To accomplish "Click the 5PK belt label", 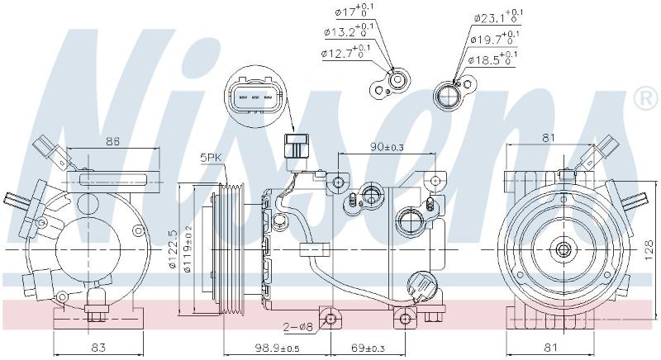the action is (x=211, y=159).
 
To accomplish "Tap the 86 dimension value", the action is (x=112, y=141).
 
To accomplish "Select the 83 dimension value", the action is (x=98, y=348).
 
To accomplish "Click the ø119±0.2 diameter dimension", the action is (x=188, y=249).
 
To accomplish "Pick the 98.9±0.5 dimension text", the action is (x=277, y=348).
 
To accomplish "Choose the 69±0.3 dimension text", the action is (x=368, y=348).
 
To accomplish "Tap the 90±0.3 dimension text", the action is (x=387, y=147).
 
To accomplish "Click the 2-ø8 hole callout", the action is (x=298, y=327).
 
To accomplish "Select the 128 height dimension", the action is (x=649, y=250).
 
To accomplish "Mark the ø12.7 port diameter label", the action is (x=345, y=52).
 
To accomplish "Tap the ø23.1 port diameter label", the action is (x=498, y=16).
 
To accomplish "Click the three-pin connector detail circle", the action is (x=255, y=97).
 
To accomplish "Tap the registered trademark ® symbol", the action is (x=647, y=98).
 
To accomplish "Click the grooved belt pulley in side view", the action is (x=231, y=249).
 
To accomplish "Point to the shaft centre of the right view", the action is (x=563, y=249).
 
